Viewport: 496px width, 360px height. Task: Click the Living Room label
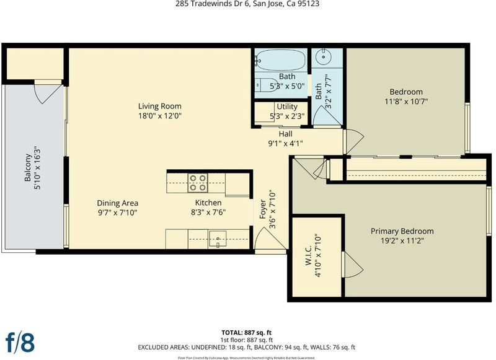tap(160, 106)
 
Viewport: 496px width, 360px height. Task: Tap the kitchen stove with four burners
tap(198, 183)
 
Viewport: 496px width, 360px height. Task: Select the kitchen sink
tap(218, 239)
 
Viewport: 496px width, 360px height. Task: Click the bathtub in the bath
tap(280, 60)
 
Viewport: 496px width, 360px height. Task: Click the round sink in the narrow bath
tap(324, 57)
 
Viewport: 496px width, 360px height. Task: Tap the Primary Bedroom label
tap(402, 231)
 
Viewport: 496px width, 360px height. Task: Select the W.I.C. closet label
tap(309, 255)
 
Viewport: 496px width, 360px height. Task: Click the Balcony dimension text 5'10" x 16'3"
tap(37, 167)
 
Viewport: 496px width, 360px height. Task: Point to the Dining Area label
tap(117, 203)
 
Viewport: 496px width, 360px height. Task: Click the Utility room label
tap(287, 106)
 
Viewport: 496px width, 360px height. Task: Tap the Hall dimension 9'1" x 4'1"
tap(285, 144)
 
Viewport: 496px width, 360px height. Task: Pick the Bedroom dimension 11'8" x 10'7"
tap(406, 102)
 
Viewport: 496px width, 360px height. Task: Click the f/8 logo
tap(20, 342)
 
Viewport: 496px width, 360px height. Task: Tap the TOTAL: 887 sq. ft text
tap(246, 333)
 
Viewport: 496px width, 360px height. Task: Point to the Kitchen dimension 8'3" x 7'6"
tap(208, 212)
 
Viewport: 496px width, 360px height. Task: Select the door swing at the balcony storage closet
tap(48, 94)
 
